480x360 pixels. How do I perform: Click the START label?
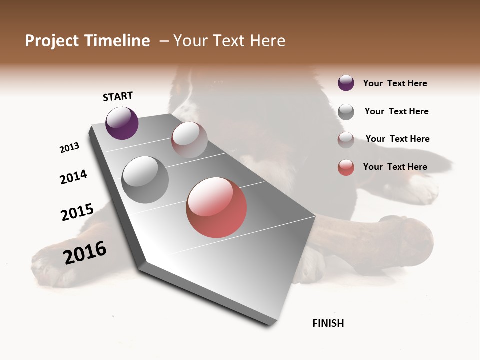118,96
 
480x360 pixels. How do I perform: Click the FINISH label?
328,323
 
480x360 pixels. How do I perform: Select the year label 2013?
69,148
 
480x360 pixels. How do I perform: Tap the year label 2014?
73,177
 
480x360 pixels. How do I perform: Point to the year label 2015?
77,212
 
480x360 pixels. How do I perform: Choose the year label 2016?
85,252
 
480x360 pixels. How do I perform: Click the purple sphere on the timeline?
122,123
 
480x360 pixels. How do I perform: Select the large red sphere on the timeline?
216,207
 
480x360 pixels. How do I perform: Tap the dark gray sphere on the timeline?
145,179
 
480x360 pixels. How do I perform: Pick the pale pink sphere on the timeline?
189,140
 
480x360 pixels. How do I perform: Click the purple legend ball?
346,83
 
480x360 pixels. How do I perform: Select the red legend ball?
346,167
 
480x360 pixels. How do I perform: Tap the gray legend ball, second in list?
346,112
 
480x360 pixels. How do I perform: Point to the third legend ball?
346,140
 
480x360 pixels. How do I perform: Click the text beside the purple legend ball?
395,83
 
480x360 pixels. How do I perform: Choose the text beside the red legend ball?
395,167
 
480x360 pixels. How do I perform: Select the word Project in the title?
51,41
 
